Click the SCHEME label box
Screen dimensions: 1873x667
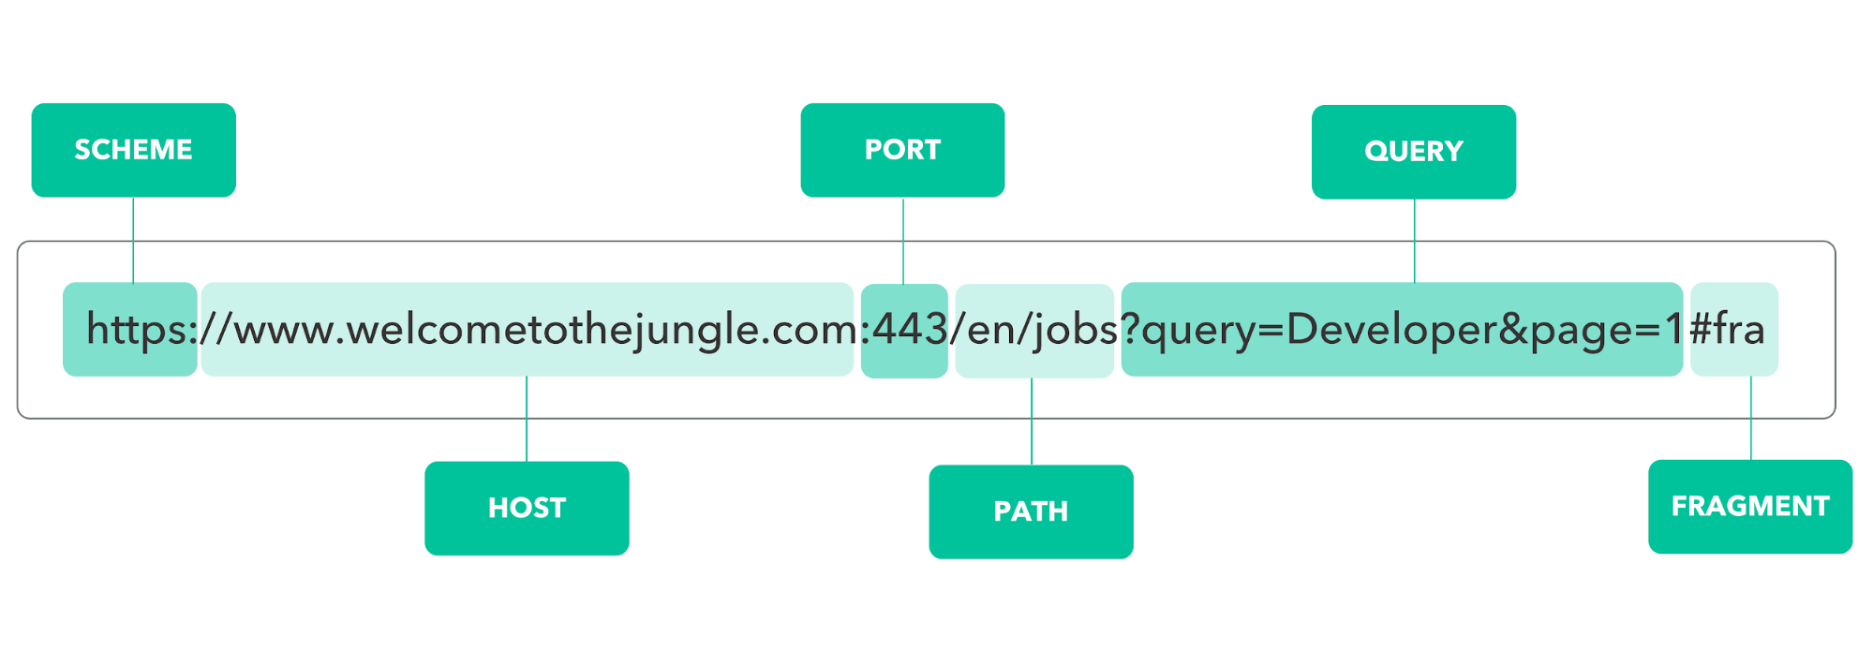point(133,150)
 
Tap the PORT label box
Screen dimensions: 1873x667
point(902,150)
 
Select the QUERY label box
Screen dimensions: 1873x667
point(1414,152)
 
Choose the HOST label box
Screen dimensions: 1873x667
point(527,509)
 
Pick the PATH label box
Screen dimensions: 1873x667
point(1031,511)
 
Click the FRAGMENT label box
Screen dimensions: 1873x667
point(1750,507)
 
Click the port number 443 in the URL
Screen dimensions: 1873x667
point(911,329)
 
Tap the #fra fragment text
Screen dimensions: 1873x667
point(1727,329)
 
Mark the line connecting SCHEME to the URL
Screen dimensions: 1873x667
point(133,240)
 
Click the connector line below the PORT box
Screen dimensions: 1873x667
point(903,241)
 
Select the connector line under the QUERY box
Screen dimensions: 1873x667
point(1415,241)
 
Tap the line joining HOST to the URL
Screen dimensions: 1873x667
point(527,419)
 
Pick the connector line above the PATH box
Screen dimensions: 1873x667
point(1032,422)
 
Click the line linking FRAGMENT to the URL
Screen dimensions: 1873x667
point(1751,418)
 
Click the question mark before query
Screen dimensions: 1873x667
point(1130,328)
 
